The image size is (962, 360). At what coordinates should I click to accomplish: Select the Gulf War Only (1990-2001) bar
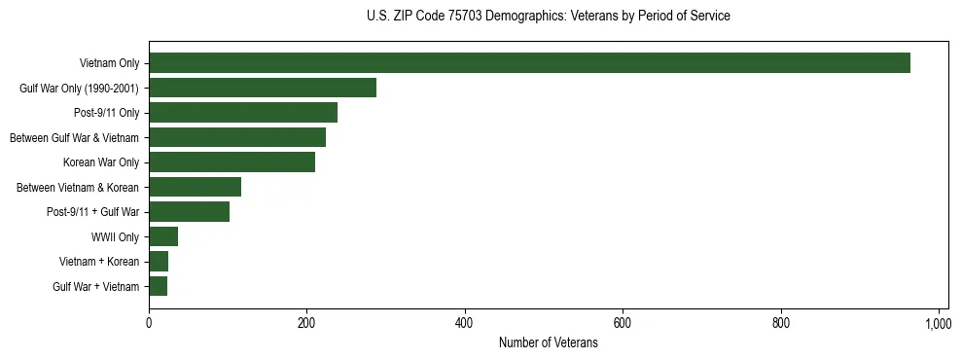click(x=263, y=88)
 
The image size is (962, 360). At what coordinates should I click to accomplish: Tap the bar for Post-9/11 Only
click(x=243, y=113)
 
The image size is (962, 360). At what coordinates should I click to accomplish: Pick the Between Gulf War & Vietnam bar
click(x=237, y=137)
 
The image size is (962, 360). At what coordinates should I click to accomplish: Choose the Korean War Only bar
click(x=232, y=162)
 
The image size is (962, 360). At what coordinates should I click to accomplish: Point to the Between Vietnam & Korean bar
click(x=195, y=187)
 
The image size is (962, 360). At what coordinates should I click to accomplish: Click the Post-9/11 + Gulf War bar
click(x=189, y=212)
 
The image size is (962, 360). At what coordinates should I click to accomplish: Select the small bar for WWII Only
click(x=163, y=236)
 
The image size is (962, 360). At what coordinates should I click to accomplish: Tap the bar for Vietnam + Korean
click(x=159, y=262)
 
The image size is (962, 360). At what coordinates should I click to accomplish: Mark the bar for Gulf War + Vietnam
click(x=158, y=286)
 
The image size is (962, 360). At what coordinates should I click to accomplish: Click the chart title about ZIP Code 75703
click(x=548, y=17)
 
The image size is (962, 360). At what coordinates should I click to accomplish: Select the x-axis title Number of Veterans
click(x=548, y=342)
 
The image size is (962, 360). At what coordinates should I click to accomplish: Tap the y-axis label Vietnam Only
click(x=109, y=63)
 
